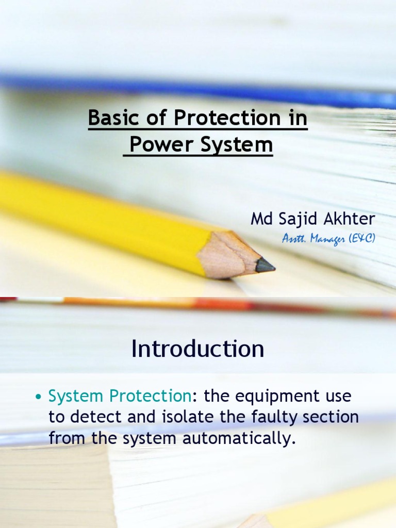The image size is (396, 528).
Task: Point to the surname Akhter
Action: pyautogui.click(x=350, y=220)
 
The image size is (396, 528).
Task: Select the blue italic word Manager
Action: pyautogui.click(x=329, y=239)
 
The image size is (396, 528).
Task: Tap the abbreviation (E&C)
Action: pyautogui.click(x=362, y=239)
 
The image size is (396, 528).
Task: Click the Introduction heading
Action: pyautogui.click(x=198, y=349)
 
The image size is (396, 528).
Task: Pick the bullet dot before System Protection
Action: pyautogui.click(x=38, y=398)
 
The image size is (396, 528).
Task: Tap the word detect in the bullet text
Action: pyautogui.click(x=92, y=417)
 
